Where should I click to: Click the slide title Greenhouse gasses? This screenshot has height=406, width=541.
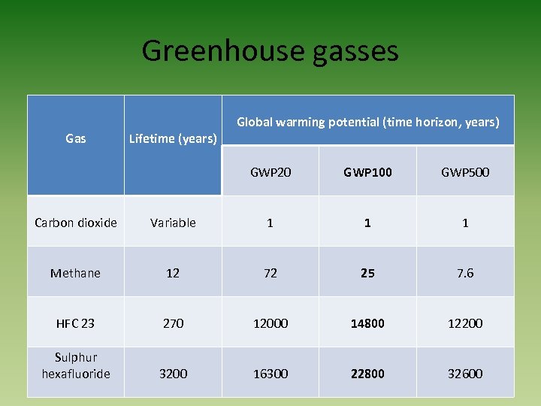270,51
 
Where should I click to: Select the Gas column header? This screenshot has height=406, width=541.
76,138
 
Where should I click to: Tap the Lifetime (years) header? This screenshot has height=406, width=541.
173,138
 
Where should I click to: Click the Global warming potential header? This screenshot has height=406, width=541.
368,122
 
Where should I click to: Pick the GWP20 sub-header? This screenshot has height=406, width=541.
270,172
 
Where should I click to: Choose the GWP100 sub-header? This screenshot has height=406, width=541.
367,172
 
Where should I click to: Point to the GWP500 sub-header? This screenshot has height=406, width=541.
465,172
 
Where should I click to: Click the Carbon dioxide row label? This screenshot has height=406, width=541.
76,223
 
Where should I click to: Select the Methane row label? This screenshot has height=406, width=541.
76,273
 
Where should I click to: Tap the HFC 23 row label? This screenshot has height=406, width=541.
76,323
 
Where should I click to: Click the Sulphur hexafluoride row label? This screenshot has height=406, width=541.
76,365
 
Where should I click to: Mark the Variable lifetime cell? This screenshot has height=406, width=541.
173,223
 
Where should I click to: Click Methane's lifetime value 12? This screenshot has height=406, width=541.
173,273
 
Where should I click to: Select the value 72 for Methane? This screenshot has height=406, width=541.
270,273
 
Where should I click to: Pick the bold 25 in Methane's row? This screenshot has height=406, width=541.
367,273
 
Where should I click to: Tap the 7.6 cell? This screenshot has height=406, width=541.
465,273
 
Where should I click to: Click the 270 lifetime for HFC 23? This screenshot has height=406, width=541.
173,323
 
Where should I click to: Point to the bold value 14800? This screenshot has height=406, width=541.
367,323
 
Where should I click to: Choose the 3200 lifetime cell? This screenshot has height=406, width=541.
173,374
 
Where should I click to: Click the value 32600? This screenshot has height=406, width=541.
465,374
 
